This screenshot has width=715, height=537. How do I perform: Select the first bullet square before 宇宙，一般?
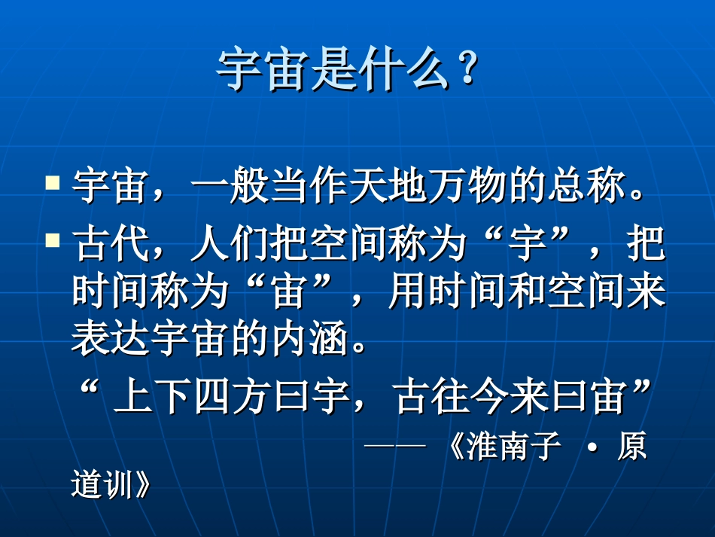(53, 183)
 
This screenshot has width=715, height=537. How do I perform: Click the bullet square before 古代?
(53, 241)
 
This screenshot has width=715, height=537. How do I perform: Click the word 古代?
(105, 246)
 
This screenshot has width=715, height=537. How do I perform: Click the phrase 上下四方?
(192, 396)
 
